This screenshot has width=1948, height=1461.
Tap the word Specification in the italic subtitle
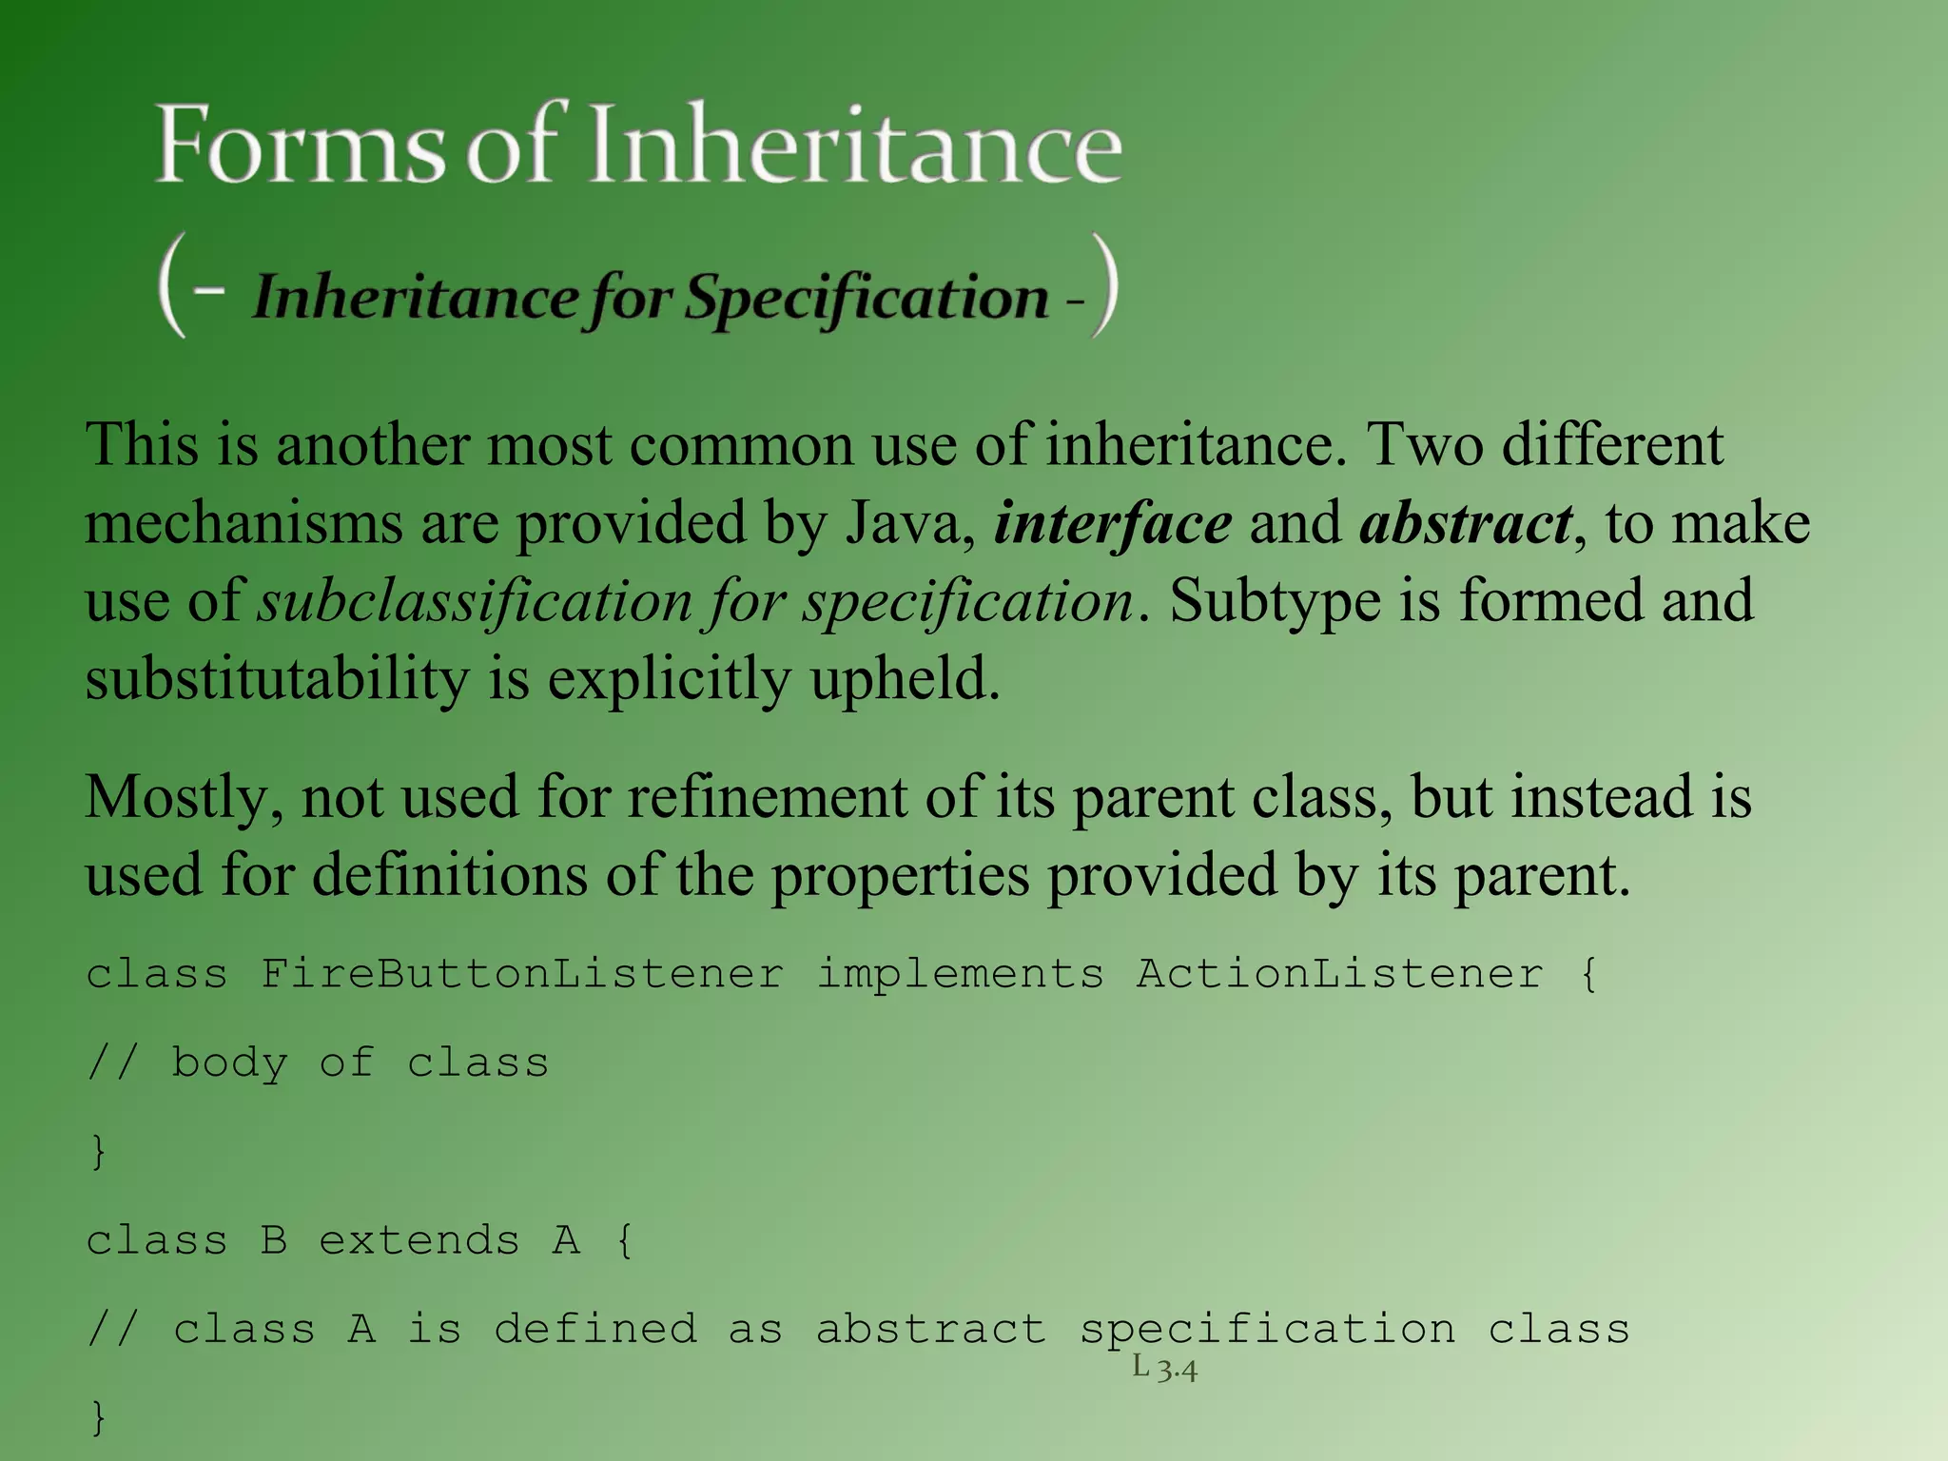click(x=867, y=298)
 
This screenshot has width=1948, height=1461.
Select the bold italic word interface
click(x=1112, y=523)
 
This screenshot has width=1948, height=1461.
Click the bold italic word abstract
click(x=1466, y=523)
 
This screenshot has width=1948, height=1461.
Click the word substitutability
click(x=277, y=679)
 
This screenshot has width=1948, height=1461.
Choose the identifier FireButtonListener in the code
click(x=522, y=974)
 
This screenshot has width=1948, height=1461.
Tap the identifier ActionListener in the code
click(x=1339, y=974)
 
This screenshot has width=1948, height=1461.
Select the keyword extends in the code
click(x=419, y=1240)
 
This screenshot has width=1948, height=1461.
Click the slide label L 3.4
click(x=1164, y=1369)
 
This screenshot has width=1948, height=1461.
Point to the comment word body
click(x=229, y=1062)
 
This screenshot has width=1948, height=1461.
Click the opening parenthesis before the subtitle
click(x=172, y=285)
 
